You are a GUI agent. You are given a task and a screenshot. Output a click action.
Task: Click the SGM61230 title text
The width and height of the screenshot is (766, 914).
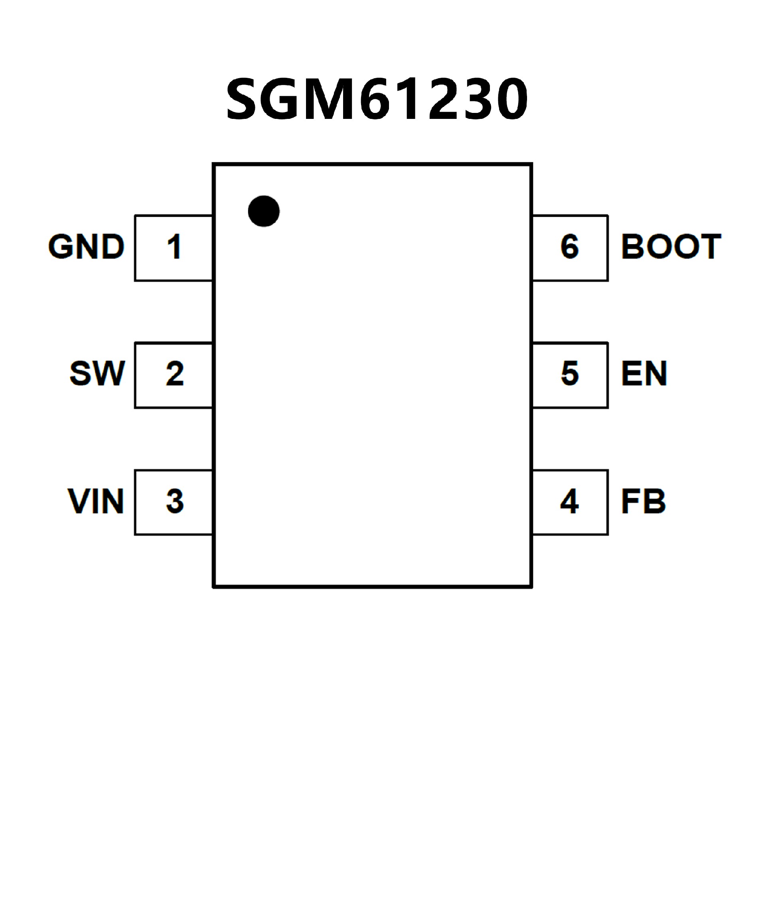coord(377,99)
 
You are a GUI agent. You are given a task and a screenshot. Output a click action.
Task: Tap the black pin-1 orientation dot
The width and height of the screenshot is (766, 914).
coord(264,211)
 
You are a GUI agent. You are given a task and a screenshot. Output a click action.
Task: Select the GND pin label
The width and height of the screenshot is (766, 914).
coord(86,247)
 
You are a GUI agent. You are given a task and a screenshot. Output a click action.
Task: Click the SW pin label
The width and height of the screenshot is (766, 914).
coord(97,373)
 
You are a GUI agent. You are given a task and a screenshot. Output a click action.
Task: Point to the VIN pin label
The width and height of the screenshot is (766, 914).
coord(96,501)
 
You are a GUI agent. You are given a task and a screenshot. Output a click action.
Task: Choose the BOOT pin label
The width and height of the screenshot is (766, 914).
coord(671,247)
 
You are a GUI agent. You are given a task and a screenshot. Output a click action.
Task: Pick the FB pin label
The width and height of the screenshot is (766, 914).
coord(643,501)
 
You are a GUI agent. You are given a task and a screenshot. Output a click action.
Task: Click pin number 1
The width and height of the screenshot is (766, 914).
coord(174,247)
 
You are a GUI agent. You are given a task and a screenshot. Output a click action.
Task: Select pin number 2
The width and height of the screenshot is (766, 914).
coord(174,374)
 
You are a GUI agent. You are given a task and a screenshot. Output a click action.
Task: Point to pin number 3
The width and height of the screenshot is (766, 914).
coord(174,501)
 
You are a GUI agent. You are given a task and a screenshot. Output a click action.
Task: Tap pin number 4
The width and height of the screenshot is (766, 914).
coord(569,501)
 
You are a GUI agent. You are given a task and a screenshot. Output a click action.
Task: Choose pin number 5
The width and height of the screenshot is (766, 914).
coord(570,374)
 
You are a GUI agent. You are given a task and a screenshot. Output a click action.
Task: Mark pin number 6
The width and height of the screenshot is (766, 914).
coord(570,247)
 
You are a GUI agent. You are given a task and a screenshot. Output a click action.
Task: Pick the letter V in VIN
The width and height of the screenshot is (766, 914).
coord(78,501)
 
